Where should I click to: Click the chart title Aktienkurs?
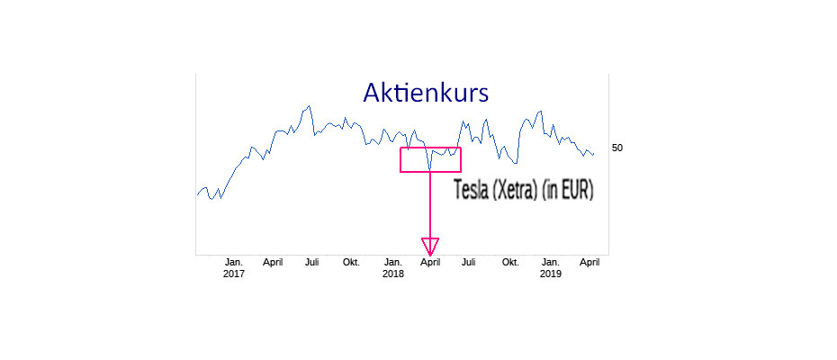click(426, 93)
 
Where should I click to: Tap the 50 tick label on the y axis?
click(617, 148)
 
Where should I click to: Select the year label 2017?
click(234, 274)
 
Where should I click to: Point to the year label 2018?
click(393, 274)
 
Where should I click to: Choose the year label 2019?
click(550, 274)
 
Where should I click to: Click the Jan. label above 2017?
click(234, 262)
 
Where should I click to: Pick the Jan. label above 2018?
click(393, 262)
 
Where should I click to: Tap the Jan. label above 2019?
click(550, 262)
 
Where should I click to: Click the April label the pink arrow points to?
click(430, 262)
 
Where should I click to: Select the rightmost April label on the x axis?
click(589, 262)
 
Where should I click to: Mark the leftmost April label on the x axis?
click(273, 262)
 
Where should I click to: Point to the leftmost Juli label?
click(312, 262)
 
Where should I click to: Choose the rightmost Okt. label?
click(511, 262)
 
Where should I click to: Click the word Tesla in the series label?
click(471, 190)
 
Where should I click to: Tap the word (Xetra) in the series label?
click(514, 191)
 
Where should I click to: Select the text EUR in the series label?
click(574, 190)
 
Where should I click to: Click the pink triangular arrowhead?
click(430, 247)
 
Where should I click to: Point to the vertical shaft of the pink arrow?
click(430, 204)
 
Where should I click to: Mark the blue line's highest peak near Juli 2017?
click(309, 106)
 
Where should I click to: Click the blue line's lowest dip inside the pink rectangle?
click(430, 169)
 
